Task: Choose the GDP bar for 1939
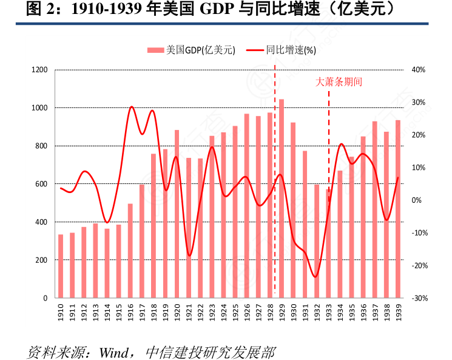[x=398, y=209]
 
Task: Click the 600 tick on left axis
[x=42, y=184]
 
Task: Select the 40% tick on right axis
[x=419, y=70]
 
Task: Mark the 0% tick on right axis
[x=417, y=200]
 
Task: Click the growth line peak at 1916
[x=131, y=107]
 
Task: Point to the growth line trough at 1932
[x=315, y=277]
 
